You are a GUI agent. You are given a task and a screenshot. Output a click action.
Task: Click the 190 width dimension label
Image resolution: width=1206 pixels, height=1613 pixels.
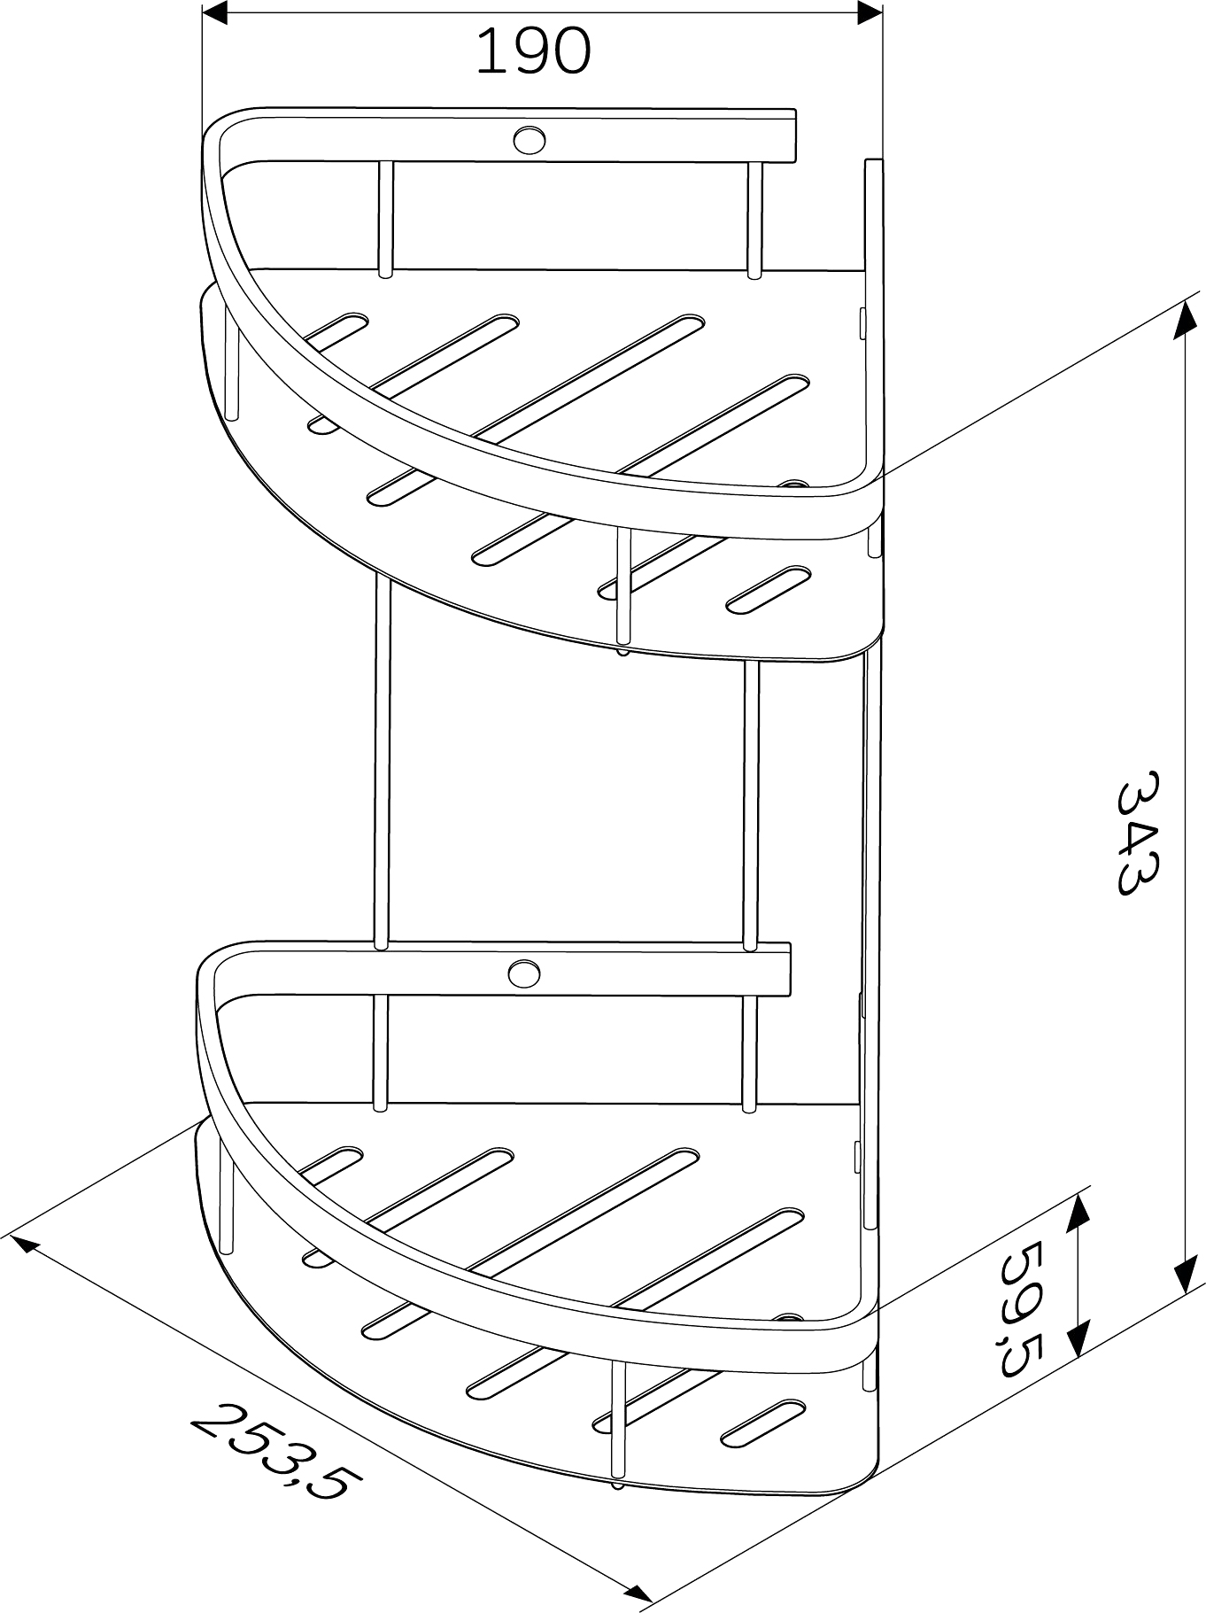pos(533,50)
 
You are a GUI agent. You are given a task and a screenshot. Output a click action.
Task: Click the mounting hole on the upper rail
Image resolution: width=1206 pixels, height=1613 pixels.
pos(529,139)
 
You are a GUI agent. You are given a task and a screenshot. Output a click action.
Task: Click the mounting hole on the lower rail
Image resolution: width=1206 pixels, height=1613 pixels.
pos(524,973)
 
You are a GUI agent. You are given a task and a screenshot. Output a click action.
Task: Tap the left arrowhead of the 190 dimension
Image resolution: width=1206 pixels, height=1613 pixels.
pos(216,12)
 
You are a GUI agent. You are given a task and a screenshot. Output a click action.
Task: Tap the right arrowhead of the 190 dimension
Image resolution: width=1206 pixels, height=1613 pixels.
pos(869,12)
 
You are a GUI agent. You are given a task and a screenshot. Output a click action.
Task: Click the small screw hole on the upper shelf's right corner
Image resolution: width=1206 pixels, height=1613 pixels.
pos(792,485)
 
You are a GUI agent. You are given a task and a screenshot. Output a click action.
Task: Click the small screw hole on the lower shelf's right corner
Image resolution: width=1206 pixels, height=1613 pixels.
pos(787,1318)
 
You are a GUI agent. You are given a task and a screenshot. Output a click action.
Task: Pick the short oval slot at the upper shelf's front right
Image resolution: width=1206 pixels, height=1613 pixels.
pos(768,589)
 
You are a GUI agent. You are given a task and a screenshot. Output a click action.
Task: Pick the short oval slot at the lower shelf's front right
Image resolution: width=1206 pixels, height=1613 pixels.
pos(762,1423)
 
